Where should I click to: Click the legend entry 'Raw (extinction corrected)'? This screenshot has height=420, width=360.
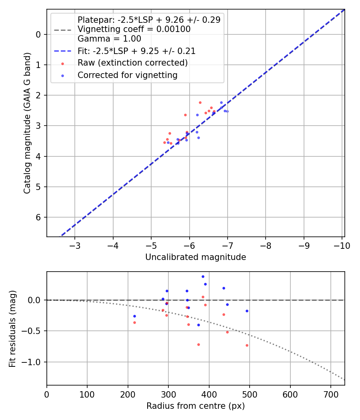(132, 63)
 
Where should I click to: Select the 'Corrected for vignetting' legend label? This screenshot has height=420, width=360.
(127, 75)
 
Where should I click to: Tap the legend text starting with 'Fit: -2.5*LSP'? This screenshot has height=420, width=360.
(136, 51)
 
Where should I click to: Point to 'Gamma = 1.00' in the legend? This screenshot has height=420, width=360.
(109, 39)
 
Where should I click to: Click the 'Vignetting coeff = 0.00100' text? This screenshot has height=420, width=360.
(134, 29)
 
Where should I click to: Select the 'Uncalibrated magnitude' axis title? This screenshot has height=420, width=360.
(196, 257)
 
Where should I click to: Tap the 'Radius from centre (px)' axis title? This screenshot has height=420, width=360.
(196, 406)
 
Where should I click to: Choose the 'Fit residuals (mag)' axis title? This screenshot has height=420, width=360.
(13, 329)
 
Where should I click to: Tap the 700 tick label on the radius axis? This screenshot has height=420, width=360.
(330, 394)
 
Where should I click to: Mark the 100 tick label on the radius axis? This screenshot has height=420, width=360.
(87, 394)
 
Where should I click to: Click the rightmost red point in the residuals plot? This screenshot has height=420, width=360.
(247, 345)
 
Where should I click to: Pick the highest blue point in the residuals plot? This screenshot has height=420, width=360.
(203, 276)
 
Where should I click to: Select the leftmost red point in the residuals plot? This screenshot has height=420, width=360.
(134, 322)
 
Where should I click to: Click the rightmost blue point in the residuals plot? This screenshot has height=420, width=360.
(247, 311)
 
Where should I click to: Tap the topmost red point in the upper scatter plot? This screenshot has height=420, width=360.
(200, 102)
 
